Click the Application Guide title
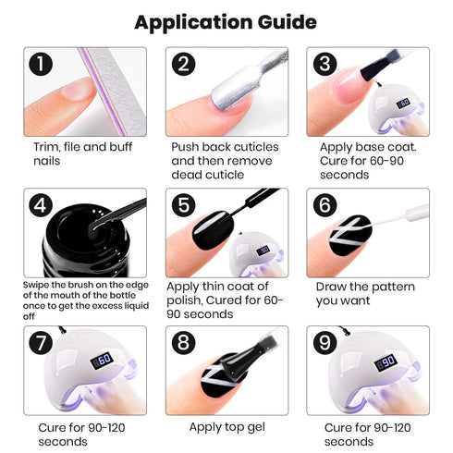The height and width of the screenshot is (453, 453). point(226,21)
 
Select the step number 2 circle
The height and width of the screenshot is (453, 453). point(183,65)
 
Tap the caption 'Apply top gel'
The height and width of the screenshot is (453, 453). point(226,426)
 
